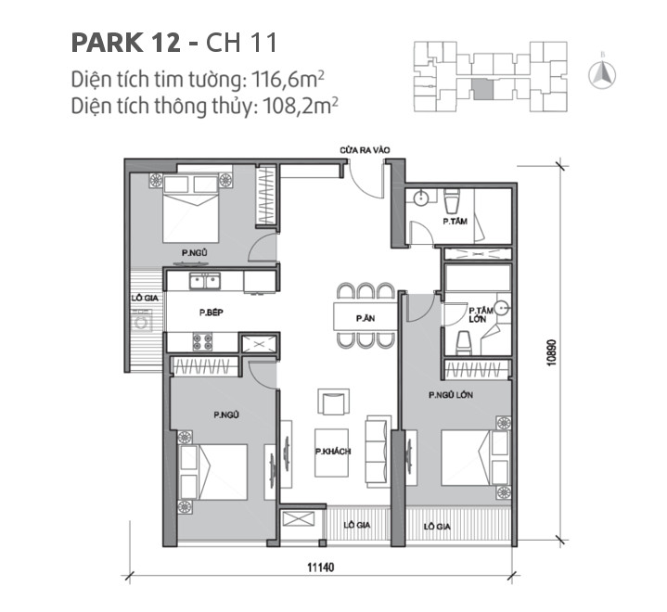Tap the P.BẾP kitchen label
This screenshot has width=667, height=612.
(210, 313)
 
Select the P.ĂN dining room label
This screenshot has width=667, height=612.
(365, 318)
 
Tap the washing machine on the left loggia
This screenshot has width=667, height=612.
(143, 324)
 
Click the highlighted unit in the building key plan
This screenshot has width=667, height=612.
(482, 89)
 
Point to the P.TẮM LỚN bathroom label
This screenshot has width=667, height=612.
(480, 314)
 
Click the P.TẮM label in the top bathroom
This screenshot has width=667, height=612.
(454, 223)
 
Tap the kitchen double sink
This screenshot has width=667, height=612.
(203, 281)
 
